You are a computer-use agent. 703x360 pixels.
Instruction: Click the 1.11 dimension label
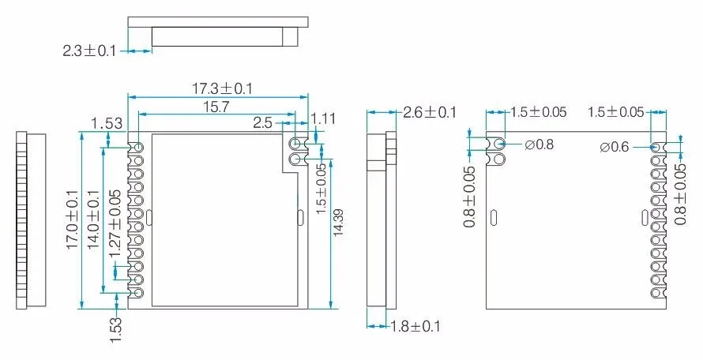(x=324, y=118)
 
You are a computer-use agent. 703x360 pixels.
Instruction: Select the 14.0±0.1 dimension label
(x=93, y=219)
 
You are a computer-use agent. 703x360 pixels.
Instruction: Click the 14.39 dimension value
(x=340, y=223)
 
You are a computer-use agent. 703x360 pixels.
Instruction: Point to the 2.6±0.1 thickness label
(x=429, y=112)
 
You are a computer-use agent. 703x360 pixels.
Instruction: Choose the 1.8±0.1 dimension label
(x=415, y=326)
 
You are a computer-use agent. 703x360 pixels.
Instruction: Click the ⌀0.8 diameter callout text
(x=539, y=144)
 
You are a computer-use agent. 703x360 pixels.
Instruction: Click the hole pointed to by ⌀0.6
(x=655, y=147)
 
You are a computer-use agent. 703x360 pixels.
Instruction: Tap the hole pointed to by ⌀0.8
(x=498, y=144)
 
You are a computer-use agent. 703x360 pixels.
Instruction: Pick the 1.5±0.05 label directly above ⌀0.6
(x=615, y=112)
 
